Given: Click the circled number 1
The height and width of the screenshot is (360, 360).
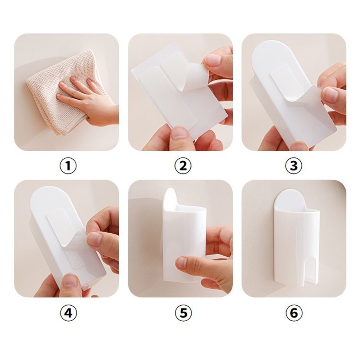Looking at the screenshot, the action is click(68, 166).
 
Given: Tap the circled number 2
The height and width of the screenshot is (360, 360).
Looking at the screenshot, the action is click(183, 166).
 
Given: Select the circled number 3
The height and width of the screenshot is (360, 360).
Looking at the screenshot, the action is click(294, 166).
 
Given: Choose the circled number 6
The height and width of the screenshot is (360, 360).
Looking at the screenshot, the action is click(294, 313).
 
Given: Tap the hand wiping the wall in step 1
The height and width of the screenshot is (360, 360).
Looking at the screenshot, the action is click(92, 101).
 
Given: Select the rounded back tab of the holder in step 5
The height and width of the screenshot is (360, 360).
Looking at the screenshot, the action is click(170, 198).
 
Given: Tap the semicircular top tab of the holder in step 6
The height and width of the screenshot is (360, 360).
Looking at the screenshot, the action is click(290, 198).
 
